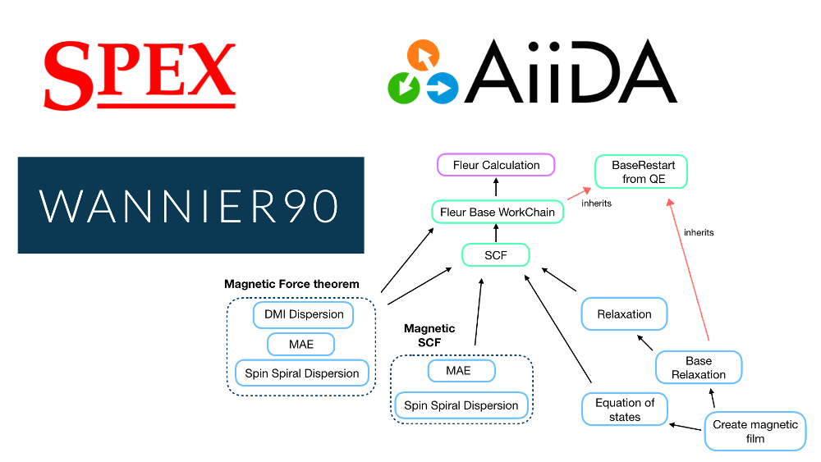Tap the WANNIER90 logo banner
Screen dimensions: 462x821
point(190,205)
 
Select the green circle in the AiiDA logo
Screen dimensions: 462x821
point(404,86)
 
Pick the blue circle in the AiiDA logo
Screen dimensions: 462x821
point(443,87)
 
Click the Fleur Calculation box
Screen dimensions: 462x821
point(496,165)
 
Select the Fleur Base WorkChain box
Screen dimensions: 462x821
point(498,212)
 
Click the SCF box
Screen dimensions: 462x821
point(495,255)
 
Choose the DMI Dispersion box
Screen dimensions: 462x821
point(304,314)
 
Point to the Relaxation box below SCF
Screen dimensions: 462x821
point(624,313)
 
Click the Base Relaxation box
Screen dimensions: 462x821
point(699,368)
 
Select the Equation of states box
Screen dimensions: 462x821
point(625,409)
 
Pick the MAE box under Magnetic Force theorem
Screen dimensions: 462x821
point(302,344)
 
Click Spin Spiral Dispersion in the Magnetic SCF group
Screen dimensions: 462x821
point(461,405)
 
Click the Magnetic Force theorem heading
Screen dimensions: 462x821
point(291,284)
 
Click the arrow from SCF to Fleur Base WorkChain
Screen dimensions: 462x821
point(496,234)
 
